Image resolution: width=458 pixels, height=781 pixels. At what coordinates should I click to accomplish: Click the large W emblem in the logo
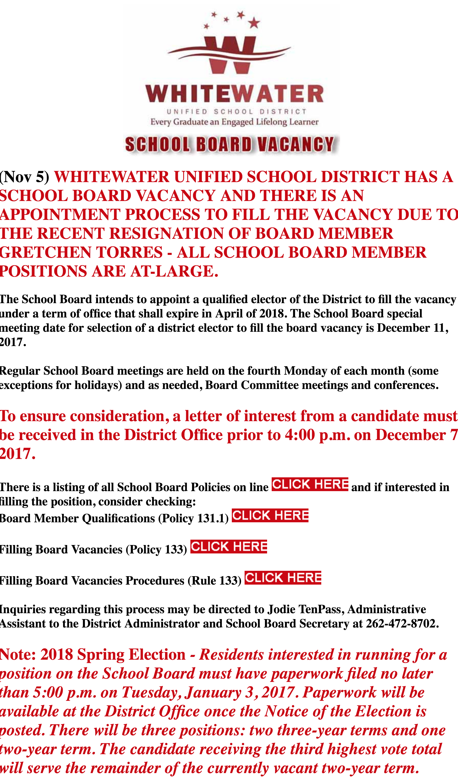point(230,55)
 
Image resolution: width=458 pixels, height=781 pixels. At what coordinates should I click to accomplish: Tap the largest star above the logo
point(254,23)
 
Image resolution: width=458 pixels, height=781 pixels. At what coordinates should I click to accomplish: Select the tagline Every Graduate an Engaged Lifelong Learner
point(234,122)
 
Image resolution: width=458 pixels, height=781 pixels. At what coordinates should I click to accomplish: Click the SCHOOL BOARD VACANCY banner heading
point(230,144)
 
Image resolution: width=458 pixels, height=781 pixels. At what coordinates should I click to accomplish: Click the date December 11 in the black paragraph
point(413,328)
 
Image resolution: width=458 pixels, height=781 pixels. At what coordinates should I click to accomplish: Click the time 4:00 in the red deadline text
point(300,435)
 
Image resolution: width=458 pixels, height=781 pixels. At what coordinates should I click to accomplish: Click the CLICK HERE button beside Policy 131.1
point(270,515)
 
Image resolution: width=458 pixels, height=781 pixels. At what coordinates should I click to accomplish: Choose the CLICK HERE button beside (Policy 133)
point(228,546)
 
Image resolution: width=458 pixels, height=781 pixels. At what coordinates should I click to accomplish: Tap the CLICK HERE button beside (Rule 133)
point(283,578)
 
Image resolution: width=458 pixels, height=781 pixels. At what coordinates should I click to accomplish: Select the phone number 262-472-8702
point(402,624)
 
